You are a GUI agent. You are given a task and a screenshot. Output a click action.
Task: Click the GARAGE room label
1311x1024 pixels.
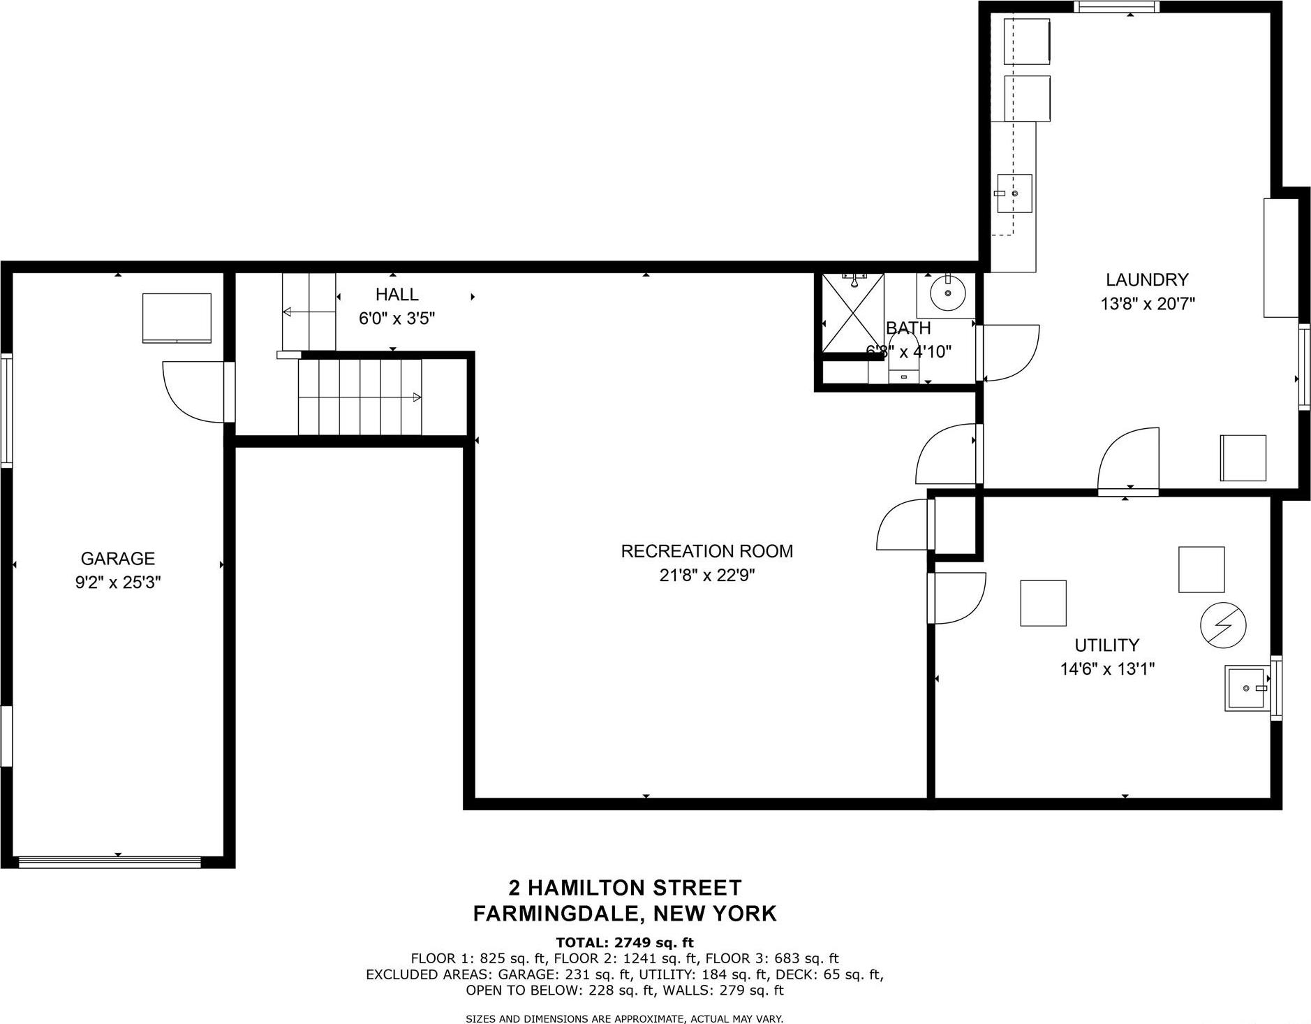pyautogui.click(x=117, y=558)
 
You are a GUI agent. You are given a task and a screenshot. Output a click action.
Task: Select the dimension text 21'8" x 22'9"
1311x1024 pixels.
pyautogui.click(x=706, y=576)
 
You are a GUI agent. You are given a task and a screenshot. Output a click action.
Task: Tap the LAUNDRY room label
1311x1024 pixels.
pyautogui.click(x=1146, y=279)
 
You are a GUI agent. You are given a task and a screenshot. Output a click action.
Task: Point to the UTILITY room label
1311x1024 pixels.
pyautogui.click(x=1106, y=645)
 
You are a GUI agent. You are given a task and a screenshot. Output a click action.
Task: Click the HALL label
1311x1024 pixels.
pyautogui.click(x=397, y=294)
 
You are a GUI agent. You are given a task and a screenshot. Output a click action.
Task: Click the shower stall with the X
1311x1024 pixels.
pyautogui.click(x=852, y=314)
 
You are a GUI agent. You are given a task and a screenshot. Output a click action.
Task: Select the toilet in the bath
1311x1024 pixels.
pyautogui.click(x=903, y=360)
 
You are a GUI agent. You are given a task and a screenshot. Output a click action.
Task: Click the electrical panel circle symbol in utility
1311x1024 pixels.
pyautogui.click(x=1222, y=624)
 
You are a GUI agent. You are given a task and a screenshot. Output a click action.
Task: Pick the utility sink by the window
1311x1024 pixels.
pyautogui.click(x=1247, y=688)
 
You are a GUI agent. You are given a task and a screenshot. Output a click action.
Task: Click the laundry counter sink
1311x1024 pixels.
pyautogui.click(x=1014, y=193)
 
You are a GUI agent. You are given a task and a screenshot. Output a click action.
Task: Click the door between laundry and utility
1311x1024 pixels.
pyautogui.click(x=1129, y=461)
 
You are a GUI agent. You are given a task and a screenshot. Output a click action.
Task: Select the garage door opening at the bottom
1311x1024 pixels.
pyautogui.click(x=110, y=862)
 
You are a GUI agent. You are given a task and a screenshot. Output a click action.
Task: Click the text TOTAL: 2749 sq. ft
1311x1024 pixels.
pyautogui.click(x=624, y=942)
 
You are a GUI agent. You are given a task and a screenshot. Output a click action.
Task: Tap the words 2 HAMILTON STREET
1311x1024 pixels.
pyautogui.click(x=624, y=888)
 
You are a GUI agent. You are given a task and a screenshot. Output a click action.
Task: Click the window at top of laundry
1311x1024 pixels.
pyautogui.click(x=1116, y=7)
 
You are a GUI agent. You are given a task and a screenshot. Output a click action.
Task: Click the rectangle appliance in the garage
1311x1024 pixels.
pyautogui.click(x=177, y=318)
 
